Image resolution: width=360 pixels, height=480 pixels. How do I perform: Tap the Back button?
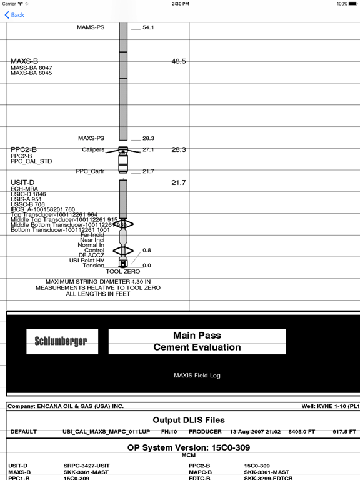(x=14, y=15)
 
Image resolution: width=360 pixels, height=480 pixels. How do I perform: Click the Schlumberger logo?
(x=61, y=341)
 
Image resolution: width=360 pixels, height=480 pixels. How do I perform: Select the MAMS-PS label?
(x=91, y=28)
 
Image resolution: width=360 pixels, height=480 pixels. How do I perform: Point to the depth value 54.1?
(x=148, y=28)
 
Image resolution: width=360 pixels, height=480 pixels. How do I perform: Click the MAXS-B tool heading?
(x=24, y=61)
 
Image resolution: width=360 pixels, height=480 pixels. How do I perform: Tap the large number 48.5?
(x=179, y=61)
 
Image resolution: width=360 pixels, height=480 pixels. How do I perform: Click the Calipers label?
(x=93, y=150)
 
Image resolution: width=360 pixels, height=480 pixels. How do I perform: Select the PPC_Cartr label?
(x=90, y=171)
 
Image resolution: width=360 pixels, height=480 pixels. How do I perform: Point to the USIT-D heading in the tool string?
(x=22, y=182)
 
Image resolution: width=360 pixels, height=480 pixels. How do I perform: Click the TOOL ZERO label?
(x=122, y=272)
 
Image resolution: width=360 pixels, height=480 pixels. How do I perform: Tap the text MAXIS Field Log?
(x=197, y=376)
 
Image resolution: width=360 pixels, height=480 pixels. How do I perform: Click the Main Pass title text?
(x=197, y=336)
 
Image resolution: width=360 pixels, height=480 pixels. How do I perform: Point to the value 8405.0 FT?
(x=302, y=432)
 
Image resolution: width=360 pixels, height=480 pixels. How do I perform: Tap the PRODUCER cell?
(x=205, y=432)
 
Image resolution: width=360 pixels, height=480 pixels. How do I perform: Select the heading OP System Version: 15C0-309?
(x=197, y=448)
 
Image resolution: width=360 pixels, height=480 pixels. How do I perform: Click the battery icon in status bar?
(x=352, y=4)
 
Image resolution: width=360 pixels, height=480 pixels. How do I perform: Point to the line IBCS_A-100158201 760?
(x=42, y=209)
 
